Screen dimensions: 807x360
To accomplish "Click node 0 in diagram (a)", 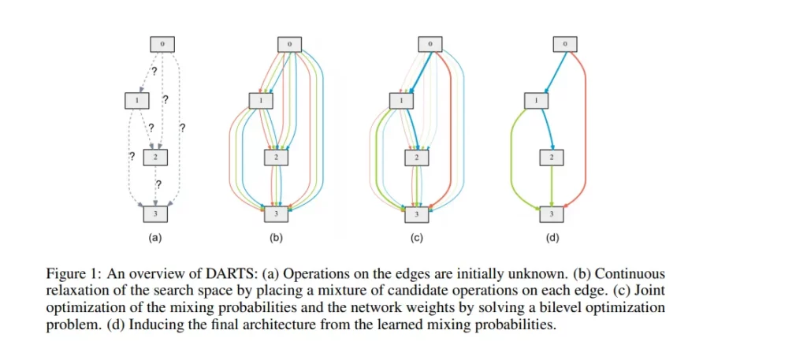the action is (162, 44).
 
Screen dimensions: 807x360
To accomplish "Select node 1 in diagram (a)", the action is (137, 100).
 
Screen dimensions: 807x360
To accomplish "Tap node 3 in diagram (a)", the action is (155, 214).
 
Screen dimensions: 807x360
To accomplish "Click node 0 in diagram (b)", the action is (289, 44).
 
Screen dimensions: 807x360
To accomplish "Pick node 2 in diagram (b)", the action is (277, 158).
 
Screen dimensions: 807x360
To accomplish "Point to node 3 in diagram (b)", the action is (277, 214).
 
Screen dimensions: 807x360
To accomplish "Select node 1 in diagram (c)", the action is (402, 100).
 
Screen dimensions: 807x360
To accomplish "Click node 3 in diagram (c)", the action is (418, 214).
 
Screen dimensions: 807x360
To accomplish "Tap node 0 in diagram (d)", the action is (565, 44).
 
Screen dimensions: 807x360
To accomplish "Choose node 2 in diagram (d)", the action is (552, 158).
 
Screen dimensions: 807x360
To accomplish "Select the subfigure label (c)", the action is (417, 238).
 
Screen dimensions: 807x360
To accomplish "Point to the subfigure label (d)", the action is (552, 238).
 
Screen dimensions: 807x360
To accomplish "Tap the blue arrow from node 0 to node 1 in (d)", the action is (554, 72).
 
